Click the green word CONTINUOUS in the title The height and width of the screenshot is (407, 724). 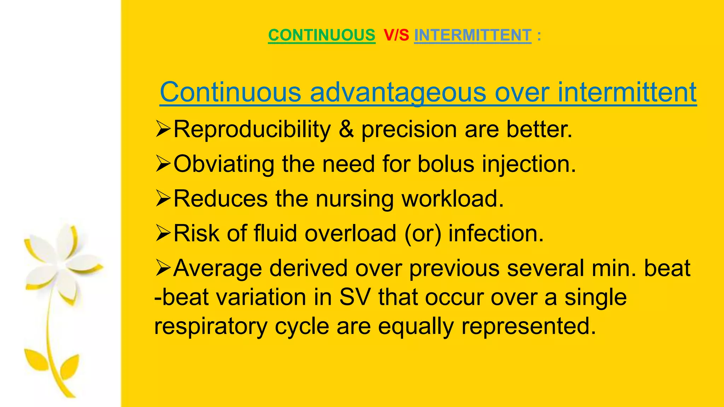pyautogui.click(x=321, y=35)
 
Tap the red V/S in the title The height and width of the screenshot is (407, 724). pyautogui.click(x=396, y=35)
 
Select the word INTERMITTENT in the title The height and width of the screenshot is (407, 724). pyautogui.click(x=473, y=35)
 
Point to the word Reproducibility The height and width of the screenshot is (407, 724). pyautogui.click(x=252, y=129)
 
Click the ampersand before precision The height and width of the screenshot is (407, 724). pyautogui.click(x=346, y=129)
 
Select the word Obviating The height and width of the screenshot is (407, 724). pyautogui.click(x=224, y=164)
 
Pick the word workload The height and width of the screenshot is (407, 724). pyautogui.click(x=452, y=199)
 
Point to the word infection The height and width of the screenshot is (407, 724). pyautogui.click(x=496, y=234)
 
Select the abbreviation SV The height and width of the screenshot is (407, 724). pyautogui.click(x=355, y=297)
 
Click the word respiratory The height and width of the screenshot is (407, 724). pyautogui.click(x=211, y=326)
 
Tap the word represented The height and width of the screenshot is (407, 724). pyautogui.click(x=529, y=326)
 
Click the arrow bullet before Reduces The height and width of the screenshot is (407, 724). pyautogui.click(x=163, y=199)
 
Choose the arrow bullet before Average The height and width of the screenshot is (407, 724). pyautogui.click(x=163, y=268)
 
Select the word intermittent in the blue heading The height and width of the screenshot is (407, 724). pyautogui.click(x=627, y=93)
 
